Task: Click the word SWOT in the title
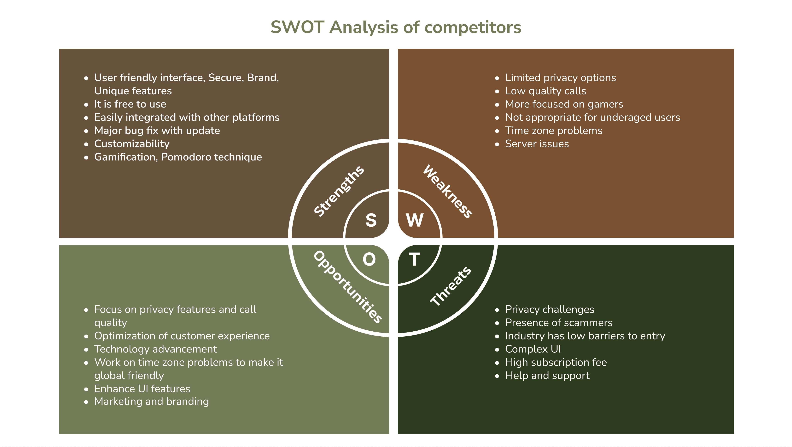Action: (x=297, y=27)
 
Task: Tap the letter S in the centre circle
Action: (x=371, y=220)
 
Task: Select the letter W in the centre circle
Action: (x=415, y=220)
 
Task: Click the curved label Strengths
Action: (x=339, y=191)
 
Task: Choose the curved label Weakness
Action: (x=448, y=191)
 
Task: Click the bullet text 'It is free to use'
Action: (x=130, y=104)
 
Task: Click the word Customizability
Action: (x=132, y=144)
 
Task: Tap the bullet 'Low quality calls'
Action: (x=545, y=91)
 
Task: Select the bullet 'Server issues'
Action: (x=537, y=144)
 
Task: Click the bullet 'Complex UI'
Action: (x=533, y=349)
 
